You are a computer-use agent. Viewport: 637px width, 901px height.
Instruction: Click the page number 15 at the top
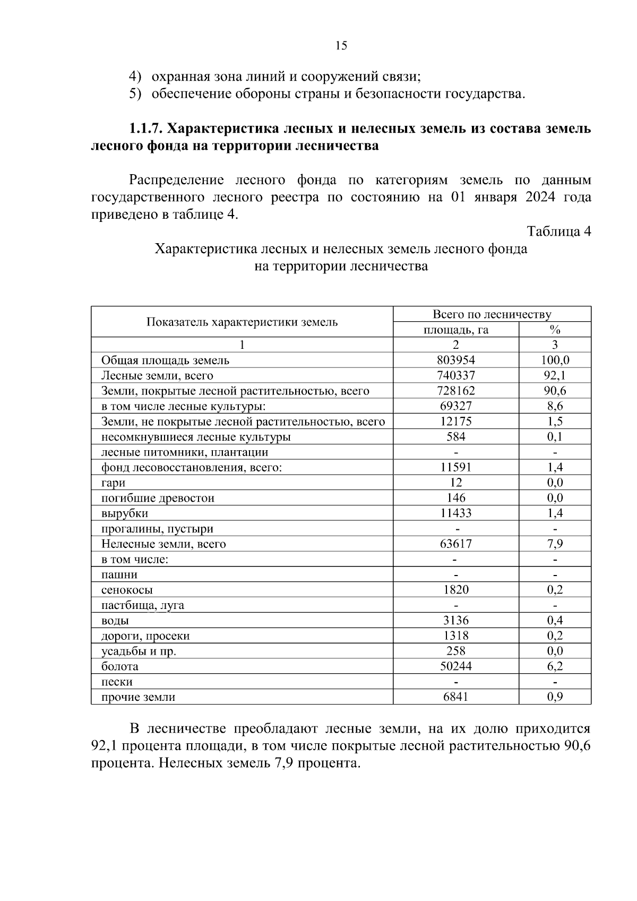[341, 46]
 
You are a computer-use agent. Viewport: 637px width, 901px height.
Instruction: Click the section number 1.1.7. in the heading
[146, 129]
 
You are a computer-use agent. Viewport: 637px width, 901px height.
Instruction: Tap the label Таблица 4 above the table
[558, 231]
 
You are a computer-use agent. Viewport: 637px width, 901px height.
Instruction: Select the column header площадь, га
[455, 330]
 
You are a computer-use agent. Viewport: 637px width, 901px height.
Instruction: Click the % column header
[555, 330]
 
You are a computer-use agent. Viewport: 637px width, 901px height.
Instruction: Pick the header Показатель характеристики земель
[242, 322]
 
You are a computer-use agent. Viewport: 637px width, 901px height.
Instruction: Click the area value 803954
[455, 361]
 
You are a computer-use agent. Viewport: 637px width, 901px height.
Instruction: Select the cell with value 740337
[455, 376]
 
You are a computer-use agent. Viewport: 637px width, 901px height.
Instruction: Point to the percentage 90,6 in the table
[555, 391]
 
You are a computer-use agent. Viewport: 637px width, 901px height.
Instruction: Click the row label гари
[113, 483]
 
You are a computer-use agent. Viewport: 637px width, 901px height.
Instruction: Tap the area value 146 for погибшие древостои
[455, 498]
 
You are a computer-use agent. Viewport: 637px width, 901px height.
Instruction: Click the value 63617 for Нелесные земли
[455, 544]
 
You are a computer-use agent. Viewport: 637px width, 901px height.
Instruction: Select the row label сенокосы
[127, 590]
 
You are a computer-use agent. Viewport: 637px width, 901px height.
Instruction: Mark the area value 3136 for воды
[455, 621]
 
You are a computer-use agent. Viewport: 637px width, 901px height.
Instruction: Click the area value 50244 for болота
[455, 666]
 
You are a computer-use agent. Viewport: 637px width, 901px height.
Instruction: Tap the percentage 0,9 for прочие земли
[555, 697]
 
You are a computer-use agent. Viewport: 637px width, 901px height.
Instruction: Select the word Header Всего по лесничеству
[492, 314]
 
